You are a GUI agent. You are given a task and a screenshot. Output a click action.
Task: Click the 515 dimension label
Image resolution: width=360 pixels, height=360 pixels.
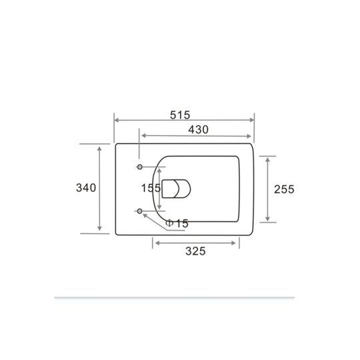pos(180,115)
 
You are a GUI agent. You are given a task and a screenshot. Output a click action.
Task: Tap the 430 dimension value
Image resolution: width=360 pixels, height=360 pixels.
pos(199,130)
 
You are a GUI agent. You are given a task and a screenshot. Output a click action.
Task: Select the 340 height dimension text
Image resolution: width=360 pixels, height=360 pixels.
pos(86,188)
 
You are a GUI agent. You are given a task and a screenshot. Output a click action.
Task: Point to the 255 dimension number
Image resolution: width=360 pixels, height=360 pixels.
pos(284,189)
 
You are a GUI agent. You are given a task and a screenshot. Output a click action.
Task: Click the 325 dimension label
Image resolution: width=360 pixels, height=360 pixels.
pos(195,251)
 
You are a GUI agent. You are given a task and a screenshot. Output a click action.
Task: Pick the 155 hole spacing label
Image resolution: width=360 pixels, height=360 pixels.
pos(151,188)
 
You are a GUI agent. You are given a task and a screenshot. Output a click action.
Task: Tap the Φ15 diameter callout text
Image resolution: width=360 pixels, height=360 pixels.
pos(177,223)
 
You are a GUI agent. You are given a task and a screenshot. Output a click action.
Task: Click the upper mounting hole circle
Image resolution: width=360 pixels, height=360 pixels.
pos(139,167)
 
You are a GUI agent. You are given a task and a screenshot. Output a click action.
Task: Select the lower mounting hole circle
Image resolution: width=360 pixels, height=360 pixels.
pos(139,211)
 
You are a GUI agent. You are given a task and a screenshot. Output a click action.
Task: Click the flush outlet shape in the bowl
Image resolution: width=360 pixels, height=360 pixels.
pos(176,189)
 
